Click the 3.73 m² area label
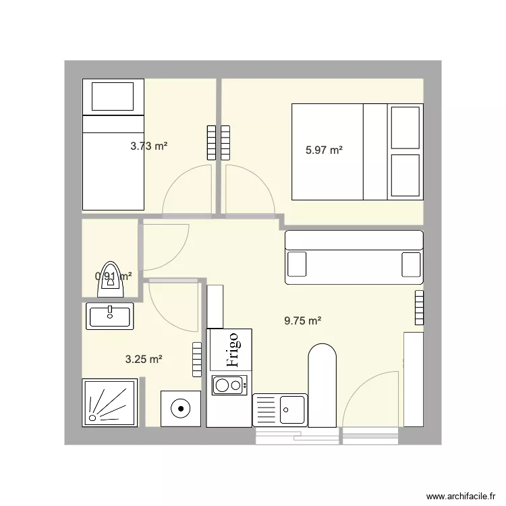click(148, 145)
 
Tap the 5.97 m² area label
click(324, 150)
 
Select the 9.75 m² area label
click(302, 321)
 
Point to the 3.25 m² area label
click(144, 360)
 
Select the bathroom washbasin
click(110, 314)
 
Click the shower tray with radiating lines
click(111, 403)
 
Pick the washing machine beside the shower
click(181, 408)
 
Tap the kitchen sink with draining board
click(280, 410)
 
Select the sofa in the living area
click(354, 257)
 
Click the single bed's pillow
click(113, 96)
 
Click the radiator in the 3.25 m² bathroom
click(197, 360)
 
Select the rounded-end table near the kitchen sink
click(322, 385)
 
